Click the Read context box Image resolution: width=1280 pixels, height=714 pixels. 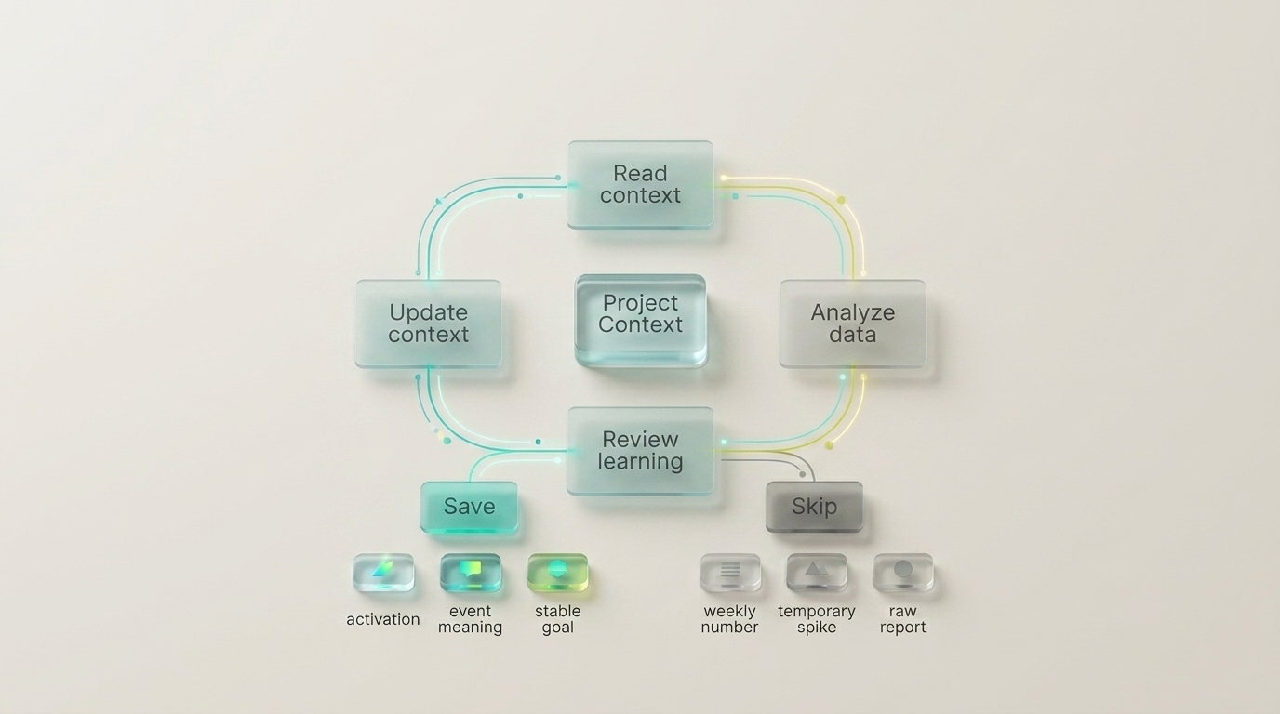(x=640, y=184)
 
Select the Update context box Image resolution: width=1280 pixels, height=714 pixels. (x=428, y=324)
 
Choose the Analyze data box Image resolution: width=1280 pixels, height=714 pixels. (x=852, y=324)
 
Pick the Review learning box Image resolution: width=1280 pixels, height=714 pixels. (x=640, y=450)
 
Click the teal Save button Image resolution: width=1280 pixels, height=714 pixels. (x=469, y=507)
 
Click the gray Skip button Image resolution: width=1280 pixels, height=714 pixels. (x=814, y=507)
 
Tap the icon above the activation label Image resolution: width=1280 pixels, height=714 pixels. (x=383, y=572)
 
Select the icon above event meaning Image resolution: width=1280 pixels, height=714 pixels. (x=471, y=572)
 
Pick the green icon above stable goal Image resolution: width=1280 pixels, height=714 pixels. (x=557, y=572)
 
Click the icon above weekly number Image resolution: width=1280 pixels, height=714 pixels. (x=729, y=572)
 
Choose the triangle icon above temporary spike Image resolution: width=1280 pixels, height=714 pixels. (x=816, y=572)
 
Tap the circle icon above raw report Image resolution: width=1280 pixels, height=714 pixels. (x=902, y=572)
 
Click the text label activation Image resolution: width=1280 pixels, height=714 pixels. (x=383, y=619)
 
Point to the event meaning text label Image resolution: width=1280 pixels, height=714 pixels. (x=471, y=619)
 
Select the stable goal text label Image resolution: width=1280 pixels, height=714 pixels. (x=557, y=619)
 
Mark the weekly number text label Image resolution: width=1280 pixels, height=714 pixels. (x=729, y=619)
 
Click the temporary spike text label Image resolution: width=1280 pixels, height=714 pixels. (x=816, y=619)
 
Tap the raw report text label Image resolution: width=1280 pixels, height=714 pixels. (x=902, y=619)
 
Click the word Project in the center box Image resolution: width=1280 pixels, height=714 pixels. (x=640, y=303)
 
